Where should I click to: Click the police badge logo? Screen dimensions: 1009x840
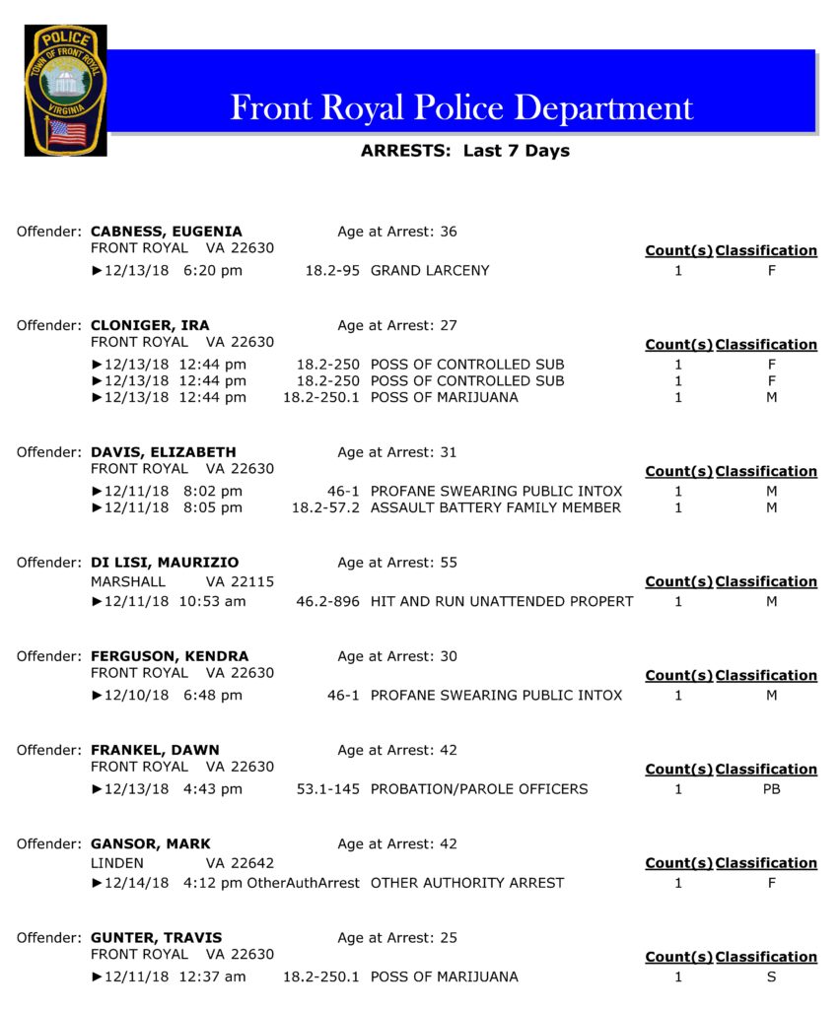click(65, 90)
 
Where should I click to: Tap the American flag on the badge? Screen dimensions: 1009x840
click(67, 133)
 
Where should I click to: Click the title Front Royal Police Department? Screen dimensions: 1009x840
click(461, 107)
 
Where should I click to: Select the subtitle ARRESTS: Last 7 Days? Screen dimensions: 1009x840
click(464, 151)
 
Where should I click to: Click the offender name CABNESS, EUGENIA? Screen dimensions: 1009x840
click(166, 232)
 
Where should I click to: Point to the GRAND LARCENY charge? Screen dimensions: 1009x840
click(430, 270)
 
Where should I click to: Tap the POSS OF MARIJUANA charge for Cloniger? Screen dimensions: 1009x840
click(444, 397)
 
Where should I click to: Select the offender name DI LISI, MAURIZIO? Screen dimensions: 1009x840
click(165, 563)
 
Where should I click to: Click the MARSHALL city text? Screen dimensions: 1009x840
click(128, 581)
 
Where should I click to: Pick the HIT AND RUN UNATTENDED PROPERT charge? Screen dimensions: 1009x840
click(501, 601)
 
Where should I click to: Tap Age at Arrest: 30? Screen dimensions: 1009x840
click(397, 656)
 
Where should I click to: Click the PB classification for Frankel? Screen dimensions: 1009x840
click(771, 788)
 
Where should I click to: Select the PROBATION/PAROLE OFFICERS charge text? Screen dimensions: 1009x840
click(479, 788)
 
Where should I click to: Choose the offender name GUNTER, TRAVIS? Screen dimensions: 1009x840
click(156, 938)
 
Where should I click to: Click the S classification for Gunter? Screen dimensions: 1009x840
click(771, 976)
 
